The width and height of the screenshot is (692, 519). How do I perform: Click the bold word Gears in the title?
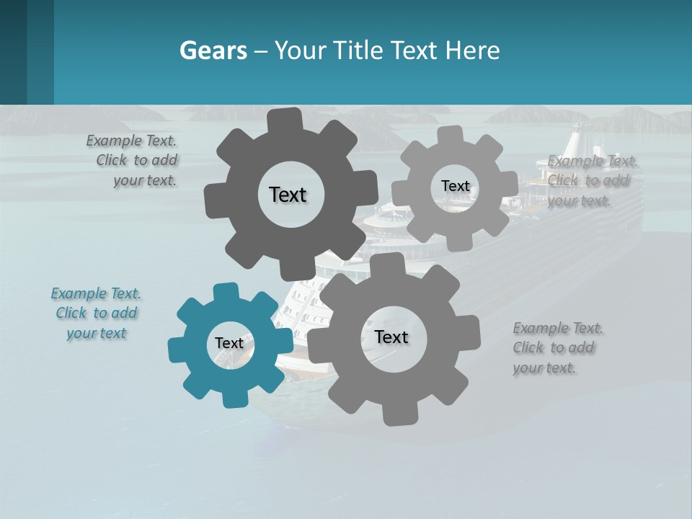click(213, 50)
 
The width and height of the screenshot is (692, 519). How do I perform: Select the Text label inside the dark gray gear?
click(288, 195)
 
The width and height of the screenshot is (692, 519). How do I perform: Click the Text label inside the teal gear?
click(229, 343)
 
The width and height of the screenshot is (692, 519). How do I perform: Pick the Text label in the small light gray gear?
click(455, 186)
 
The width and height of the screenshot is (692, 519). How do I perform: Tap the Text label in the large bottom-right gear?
click(391, 337)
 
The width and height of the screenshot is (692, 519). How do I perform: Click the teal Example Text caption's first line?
click(96, 293)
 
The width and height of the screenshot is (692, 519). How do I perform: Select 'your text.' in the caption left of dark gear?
click(145, 180)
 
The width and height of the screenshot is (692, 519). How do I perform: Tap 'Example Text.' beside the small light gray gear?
click(593, 161)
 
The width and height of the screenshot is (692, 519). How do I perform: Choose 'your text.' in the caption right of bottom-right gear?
click(544, 368)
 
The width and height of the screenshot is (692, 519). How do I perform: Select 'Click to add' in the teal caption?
click(97, 313)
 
